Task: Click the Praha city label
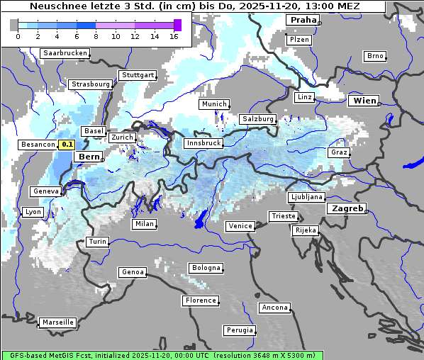pos(303,20)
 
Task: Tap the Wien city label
pos(364,101)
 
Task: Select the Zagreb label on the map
pos(346,208)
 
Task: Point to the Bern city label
pos(89,157)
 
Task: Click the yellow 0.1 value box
pos(67,145)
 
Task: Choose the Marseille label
pos(57,322)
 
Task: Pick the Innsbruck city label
pos(203,142)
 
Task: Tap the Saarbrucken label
pos(65,53)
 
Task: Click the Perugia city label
pos(239,330)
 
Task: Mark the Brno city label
pos(375,56)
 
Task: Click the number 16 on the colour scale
pos(174,36)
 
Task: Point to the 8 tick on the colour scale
pos(96,36)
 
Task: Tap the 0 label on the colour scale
pos(18,36)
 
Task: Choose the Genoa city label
pos(133,272)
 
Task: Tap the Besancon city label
pos(38,145)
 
